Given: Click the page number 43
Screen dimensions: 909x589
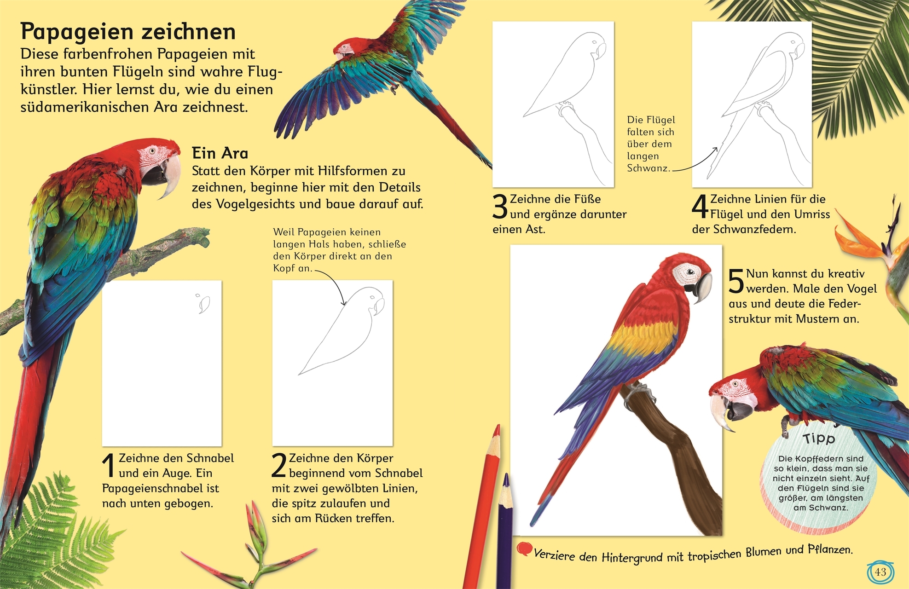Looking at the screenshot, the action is point(880,572).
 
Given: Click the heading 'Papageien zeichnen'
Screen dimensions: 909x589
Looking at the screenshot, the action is point(128,32).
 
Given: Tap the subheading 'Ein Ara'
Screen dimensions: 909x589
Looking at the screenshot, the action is point(220,153).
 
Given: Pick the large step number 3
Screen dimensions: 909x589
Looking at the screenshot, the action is point(500,207).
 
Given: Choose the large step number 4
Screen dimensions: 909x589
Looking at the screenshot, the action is point(700,207).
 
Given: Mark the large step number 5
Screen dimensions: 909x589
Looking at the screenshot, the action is point(736,281).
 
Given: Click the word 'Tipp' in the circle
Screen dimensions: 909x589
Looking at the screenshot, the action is point(819,438).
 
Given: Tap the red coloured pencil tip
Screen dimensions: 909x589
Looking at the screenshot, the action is point(496,432).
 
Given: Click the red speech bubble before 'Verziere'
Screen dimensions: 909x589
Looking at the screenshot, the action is point(524,549).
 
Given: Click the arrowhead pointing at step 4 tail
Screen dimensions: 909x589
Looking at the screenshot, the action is point(715,150).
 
